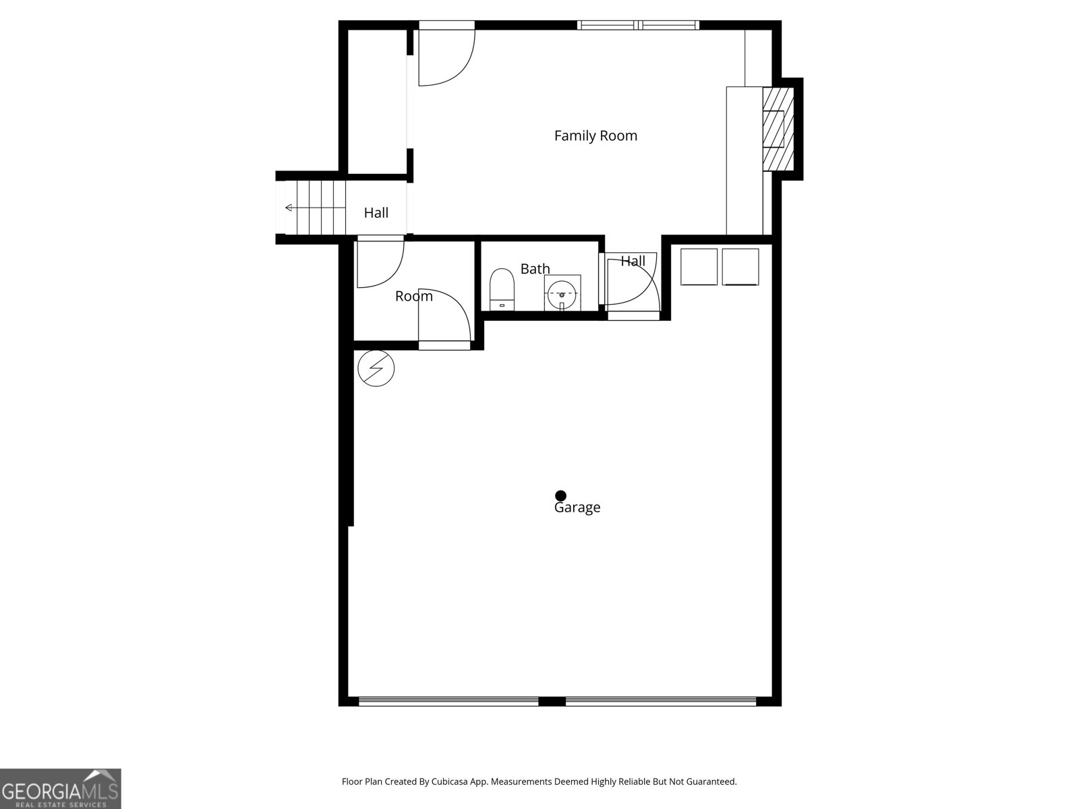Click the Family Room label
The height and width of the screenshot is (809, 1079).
pos(595,136)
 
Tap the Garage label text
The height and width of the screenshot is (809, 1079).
pos(577,508)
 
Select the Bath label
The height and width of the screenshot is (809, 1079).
pos(535,269)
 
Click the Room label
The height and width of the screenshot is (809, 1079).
pos(413,296)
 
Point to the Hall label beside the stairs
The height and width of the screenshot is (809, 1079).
pos(376,213)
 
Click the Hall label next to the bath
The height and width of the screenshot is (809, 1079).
pos(633,261)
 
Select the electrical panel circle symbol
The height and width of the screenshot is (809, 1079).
pos(376,368)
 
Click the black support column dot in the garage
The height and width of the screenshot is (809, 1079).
pos(560,496)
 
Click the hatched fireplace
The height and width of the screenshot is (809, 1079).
pos(778,129)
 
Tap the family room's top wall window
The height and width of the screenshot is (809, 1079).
pos(638,26)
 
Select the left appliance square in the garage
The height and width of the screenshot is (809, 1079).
pos(699,267)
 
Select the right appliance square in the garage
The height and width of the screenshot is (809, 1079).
pos(740,267)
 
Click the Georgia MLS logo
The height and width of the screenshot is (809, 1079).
pos(60,788)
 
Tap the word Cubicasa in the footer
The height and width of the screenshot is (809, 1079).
pos(460,781)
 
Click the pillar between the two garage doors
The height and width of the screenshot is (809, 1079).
pos(552,701)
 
